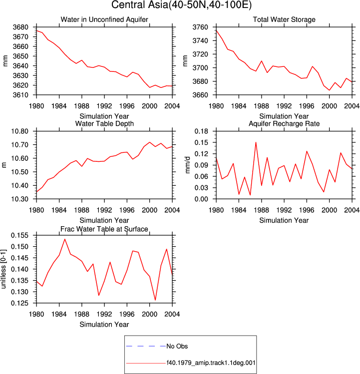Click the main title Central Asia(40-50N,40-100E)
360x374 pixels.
coord(181,5)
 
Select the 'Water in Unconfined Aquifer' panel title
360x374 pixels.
coord(104,19)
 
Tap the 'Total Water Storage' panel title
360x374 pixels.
coord(284,19)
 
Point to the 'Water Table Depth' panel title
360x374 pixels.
coord(104,123)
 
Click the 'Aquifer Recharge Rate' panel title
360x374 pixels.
coord(284,123)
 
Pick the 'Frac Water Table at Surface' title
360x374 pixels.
coord(104,229)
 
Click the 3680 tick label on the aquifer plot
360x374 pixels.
coord(20,27)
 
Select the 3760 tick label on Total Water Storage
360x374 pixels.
coord(200,27)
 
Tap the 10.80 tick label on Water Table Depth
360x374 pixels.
coord(20,131)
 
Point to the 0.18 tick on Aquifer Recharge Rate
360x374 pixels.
coord(201,131)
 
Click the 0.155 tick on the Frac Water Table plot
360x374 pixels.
coord(20,235)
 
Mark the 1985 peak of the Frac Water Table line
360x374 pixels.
coord(64,239)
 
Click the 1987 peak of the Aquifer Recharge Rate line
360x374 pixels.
coord(256,142)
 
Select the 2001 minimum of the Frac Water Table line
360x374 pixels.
coord(155,300)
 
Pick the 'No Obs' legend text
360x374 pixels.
coord(177,346)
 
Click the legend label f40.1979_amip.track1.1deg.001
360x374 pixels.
coord(211,363)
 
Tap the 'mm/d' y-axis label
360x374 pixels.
coord(188,165)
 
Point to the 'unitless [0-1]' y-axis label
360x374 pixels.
coord(3,269)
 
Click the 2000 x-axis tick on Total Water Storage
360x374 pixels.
coord(329,106)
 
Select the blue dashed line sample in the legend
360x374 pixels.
coord(146,346)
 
